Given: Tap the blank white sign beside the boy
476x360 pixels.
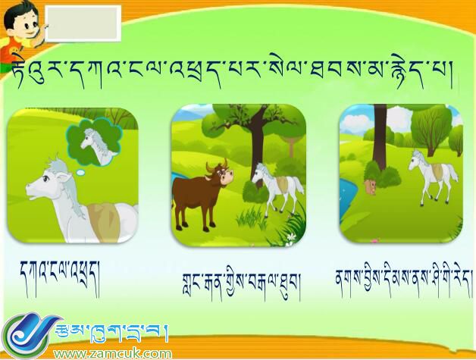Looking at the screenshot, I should click(x=83, y=23).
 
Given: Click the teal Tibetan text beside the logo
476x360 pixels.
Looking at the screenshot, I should click(x=114, y=332).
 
